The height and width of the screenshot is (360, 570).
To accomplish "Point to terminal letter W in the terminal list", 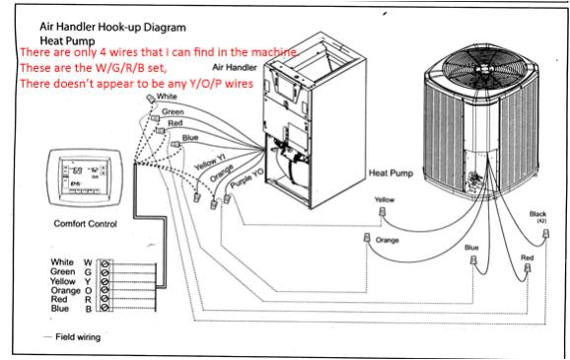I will [90, 262].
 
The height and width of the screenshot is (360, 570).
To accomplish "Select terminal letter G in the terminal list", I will [90, 271].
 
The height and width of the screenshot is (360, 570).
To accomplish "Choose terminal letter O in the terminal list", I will [90, 289].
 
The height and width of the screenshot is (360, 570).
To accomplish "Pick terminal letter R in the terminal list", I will [90, 298].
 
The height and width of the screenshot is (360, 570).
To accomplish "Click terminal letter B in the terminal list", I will [90, 307].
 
